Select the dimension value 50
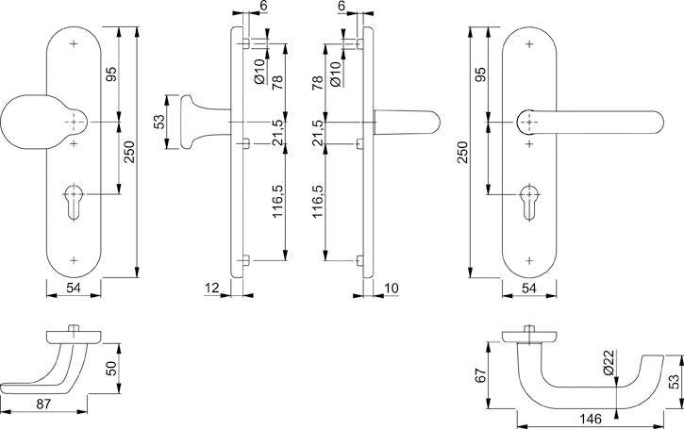[x=109, y=367]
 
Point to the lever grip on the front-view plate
[x=594, y=124]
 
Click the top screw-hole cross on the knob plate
[x=75, y=44]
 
